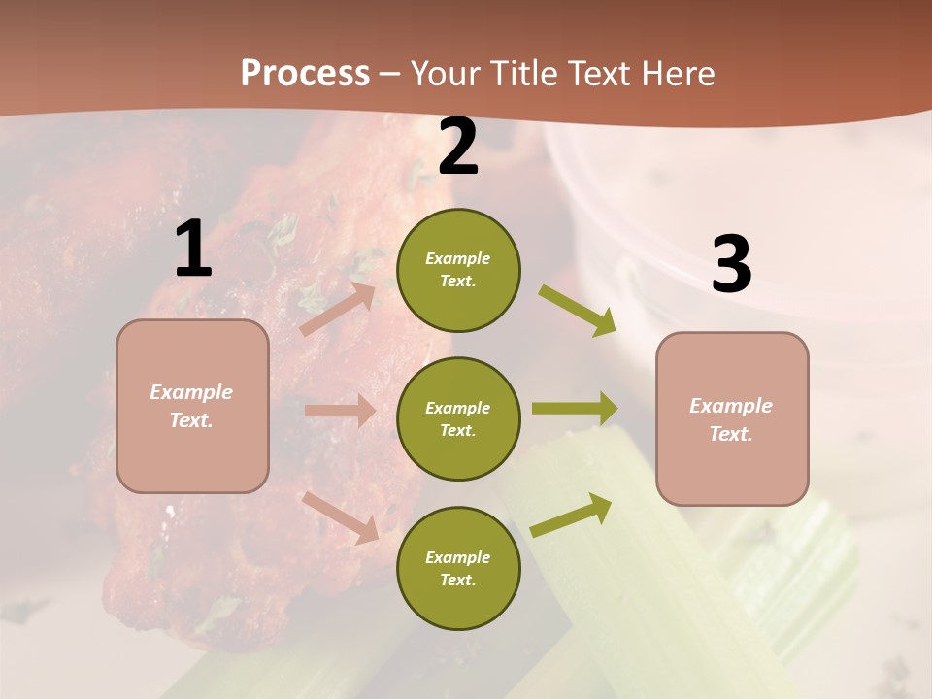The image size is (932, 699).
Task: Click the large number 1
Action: [x=193, y=250]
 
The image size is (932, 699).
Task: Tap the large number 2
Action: [x=458, y=148]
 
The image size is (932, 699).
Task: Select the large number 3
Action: [x=731, y=265]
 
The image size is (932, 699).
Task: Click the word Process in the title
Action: [x=305, y=73]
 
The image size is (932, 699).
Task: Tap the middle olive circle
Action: [x=458, y=418]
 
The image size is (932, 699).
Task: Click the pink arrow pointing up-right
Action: [x=338, y=309]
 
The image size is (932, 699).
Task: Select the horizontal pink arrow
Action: [x=339, y=411]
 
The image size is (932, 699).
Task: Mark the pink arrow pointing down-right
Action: [x=341, y=516]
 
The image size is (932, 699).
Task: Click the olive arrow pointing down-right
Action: [x=578, y=310]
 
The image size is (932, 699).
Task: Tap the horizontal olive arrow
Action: [x=575, y=409]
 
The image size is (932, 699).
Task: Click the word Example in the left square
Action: [x=191, y=392]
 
